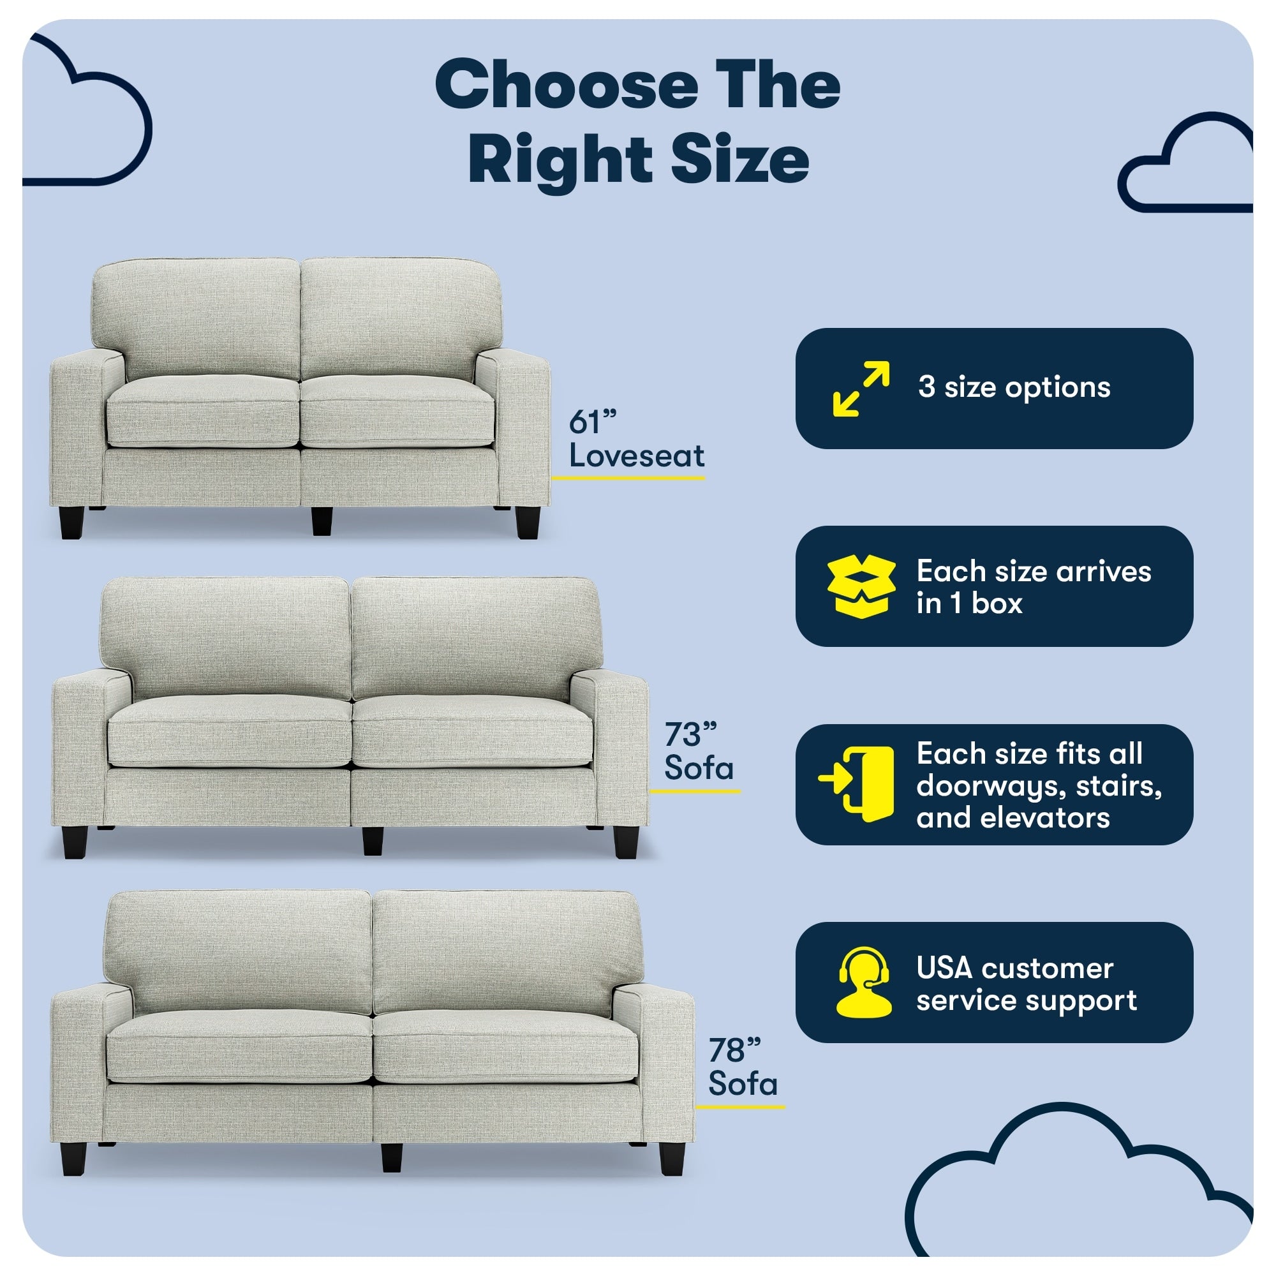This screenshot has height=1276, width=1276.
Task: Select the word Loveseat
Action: tap(637, 456)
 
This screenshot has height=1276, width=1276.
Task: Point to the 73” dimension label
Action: tap(690, 734)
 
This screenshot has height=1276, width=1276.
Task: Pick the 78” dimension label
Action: tap(734, 1050)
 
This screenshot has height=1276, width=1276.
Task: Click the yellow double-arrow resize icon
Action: tap(861, 389)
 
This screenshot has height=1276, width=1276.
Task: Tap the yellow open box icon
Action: tap(861, 586)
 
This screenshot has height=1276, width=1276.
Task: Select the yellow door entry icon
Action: tap(857, 785)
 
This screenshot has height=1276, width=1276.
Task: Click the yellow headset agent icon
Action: tap(863, 981)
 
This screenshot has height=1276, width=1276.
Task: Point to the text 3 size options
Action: tap(1014, 388)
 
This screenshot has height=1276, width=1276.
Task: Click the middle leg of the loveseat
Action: tap(322, 521)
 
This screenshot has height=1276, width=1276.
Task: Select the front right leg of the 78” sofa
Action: tap(672, 1159)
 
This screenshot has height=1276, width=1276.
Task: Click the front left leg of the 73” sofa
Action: tap(75, 842)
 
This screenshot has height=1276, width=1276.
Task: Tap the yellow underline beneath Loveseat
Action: tap(628, 477)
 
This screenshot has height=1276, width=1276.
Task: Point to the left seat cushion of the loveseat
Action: tap(203, 411)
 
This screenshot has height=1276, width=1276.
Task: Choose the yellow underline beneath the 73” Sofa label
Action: tap(695, 790)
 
